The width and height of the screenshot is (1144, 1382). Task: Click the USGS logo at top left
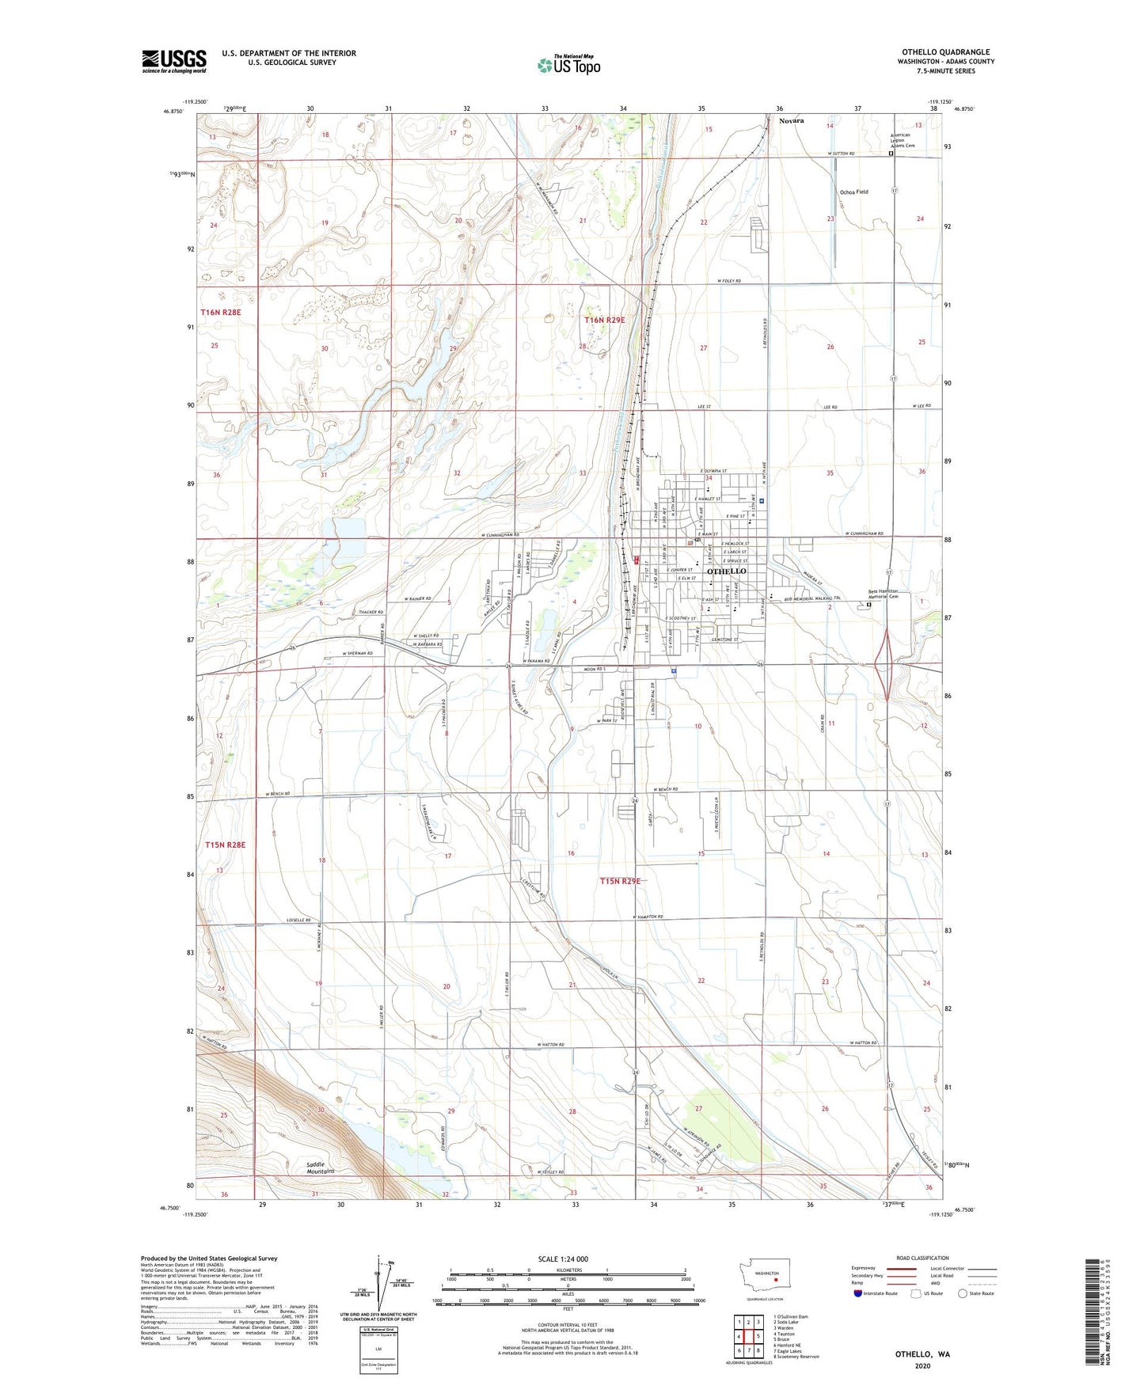click(173, 61)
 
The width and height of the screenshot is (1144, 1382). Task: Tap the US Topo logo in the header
click(568, 64)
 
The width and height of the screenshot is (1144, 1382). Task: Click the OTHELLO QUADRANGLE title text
click(945, 52)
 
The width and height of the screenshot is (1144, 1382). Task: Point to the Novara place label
click(791, 121)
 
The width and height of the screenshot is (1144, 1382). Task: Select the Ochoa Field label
click(853, 192)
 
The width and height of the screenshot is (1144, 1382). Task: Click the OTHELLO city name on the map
click(725, 571)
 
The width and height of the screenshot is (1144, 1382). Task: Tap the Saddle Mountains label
click(320, 1167)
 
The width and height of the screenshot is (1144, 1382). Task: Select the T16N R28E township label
click(221, 313)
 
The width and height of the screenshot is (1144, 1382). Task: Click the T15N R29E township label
click(619, 881)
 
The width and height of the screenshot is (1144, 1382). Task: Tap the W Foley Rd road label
click(729, 281)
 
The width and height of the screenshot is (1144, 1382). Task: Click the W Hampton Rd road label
click(648, 917)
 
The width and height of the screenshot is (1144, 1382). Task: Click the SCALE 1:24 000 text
click(563, 1259)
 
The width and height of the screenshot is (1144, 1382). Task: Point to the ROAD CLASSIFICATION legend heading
click(922, 1258)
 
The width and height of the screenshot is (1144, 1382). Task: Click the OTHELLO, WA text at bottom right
click(922, 1354)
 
